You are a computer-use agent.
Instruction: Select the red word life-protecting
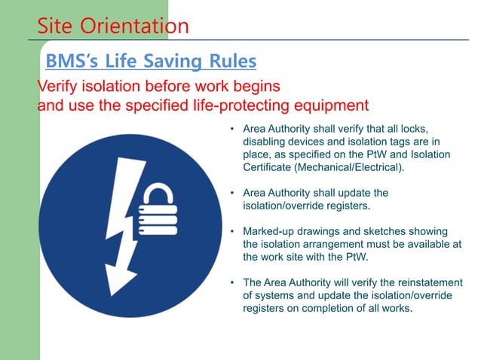point(225,105)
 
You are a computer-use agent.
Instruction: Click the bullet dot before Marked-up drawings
point(234,231)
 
